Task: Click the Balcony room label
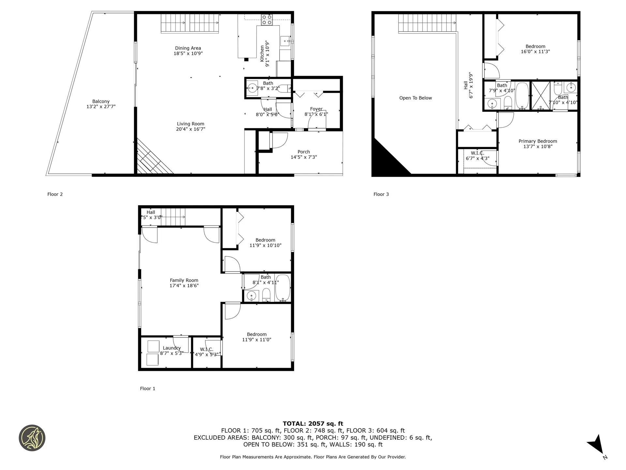pos(101,102)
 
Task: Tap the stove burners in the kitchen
pos(267,20)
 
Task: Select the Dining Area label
pos(188,48)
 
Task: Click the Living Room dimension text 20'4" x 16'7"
pos(191,129)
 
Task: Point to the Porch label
pos(304,152)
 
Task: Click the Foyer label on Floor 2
pos(316,109)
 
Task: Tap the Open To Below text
pos(416,98)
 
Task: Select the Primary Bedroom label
pos(538,141)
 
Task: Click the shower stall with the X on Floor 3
pos(541,95)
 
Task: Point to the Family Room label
pos(184,280)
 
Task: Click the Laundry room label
pos(172,348)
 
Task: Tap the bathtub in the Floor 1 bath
pos(283,288)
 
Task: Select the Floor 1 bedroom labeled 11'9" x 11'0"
pos(257,337)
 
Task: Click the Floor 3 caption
pos(381,194)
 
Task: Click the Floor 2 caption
pos(55,194)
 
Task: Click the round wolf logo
pos(32,438)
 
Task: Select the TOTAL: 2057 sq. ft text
pos(313,424)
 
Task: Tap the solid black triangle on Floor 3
pos(390,157)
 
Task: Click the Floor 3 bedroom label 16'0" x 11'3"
pos(535,49)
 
